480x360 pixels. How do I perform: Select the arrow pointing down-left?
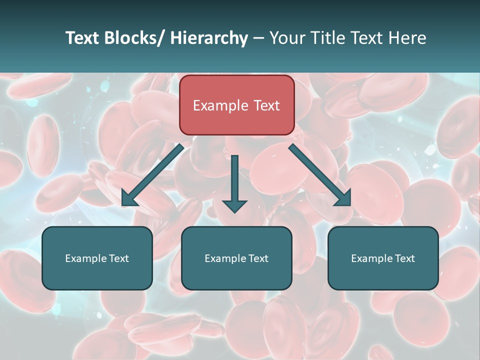tap(152, 175)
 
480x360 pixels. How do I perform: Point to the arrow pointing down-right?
tap(320, 175)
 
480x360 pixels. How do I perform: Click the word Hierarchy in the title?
tap(209, 38)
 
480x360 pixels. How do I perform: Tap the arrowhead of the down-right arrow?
tap(344, 199)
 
